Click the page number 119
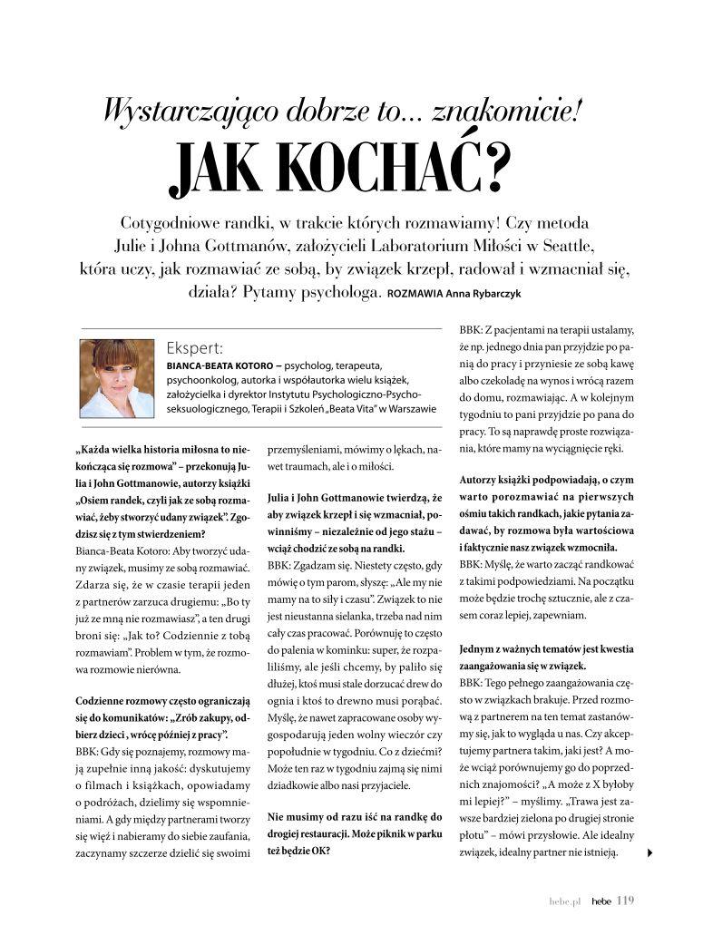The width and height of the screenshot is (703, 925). [625, 901]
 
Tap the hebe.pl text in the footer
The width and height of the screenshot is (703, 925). [564, 901]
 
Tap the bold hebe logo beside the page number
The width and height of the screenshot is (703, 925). [600, 901]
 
